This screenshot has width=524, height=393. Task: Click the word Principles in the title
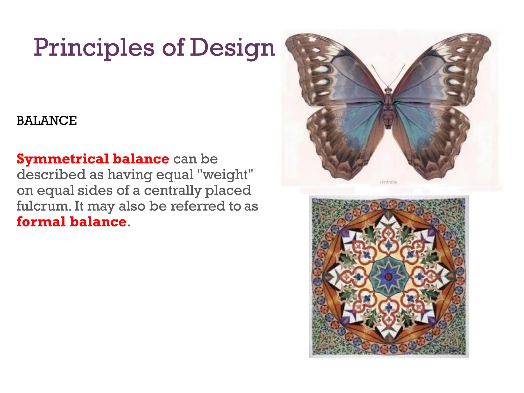94,48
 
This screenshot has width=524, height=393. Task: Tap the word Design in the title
232,48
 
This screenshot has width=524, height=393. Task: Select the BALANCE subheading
47,121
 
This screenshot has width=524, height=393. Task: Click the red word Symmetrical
63,159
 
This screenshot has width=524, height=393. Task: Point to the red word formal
41,222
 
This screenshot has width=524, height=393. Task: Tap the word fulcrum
44,206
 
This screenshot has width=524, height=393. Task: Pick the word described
51,174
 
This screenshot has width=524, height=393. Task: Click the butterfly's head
388,90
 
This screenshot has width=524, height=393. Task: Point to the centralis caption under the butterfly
388,182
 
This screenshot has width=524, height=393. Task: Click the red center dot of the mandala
389,276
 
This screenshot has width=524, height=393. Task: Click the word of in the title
173,48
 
